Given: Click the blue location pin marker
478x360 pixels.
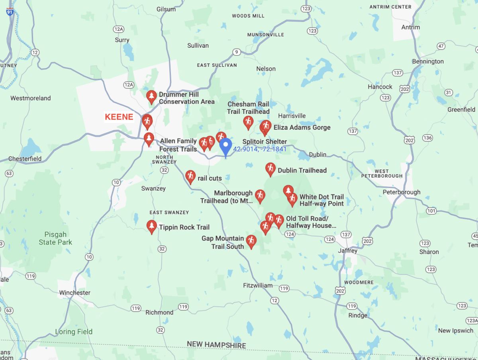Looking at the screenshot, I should [x=226, y=147].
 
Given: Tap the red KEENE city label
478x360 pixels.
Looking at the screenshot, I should [x=119, y=117].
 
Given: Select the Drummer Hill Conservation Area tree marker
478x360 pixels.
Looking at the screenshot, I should [x=151, y=97].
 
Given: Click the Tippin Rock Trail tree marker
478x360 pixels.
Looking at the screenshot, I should [x=151, y=227].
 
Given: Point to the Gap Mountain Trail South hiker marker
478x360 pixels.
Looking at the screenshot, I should [x=251, y=241].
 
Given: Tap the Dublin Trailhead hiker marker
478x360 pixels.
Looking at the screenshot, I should [x=270, y=169].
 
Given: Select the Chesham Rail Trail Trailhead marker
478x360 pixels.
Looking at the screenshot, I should [x=248, y=122].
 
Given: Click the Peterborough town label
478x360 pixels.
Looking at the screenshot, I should [x=401, y=192].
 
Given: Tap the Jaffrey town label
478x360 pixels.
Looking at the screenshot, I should [x=348, y=251].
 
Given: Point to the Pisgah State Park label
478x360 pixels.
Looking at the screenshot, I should [x=55, y=238].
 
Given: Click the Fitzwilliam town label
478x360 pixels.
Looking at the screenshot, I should [x=258, y=286].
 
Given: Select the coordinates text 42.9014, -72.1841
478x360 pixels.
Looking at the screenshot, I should [x=260, y=149].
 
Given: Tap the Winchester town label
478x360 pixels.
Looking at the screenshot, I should [x=74, y=293].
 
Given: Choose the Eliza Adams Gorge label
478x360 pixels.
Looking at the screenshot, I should [x=302, y=127].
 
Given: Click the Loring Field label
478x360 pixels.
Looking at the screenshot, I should [x=74, y=332].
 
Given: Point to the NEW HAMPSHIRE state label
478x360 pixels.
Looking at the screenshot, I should [x=216, y=345].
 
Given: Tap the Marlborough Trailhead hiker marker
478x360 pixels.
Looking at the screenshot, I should [x=260, y=196].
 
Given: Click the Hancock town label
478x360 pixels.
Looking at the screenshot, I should [x=380, y=87].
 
